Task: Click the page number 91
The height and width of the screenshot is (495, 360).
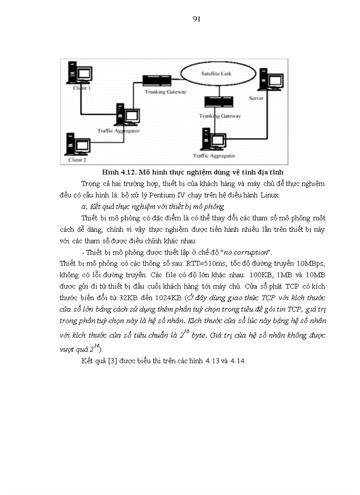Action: [x=197, y=19]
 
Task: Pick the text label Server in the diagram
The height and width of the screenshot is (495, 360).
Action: [x=256, y=98]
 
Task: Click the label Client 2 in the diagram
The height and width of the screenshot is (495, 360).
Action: [x=77, y=160]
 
